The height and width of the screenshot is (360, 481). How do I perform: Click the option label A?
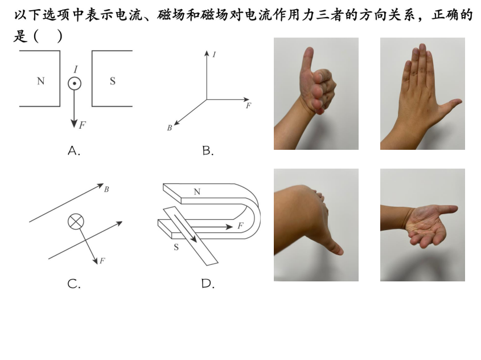pyautogui.click(x=74, y=151)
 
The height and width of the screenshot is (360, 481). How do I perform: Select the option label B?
pyautogui.click(x=208, y=151)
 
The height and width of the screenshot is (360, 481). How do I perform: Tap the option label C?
pyautogui.click(x=74, y=284)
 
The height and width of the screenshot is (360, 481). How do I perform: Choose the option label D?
pyautogui.click(x=208, y=284)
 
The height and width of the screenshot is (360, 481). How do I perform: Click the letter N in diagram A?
pyautogui.click(x=41, y=81)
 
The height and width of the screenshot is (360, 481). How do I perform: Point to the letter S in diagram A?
pyautogui.click(x=113, y=81)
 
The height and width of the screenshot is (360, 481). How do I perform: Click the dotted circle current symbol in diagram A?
pyautogui.click(x=74, y=84)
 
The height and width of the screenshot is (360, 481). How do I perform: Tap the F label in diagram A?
pyautogui.click(x=82, y=125)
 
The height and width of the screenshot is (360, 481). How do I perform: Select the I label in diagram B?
pyautogui.click(x=214, y=55)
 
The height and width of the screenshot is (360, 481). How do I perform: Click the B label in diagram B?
pyautogui.click(x=170, y=128)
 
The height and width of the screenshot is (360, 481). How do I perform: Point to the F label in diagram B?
pyautogui.click(x=249, y=105)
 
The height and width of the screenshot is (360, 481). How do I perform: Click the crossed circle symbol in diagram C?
pyautogui.click(x=76, y=222)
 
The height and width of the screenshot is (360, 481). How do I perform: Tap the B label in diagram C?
pyautogui.click(x=106, y=189)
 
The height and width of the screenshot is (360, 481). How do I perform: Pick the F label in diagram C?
pyautogui.click(x=102, y=261)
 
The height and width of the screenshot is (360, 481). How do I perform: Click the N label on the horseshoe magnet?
pyautogui.click(x=197, y=192)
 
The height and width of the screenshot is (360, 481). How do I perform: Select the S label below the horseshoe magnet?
pyautogui.click(x=176, y=247)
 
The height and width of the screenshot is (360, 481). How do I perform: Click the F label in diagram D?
pyautogui.click(x=240, y=226)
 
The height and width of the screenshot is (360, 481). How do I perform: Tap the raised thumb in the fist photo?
pyautogui.click(x=308, y=60)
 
